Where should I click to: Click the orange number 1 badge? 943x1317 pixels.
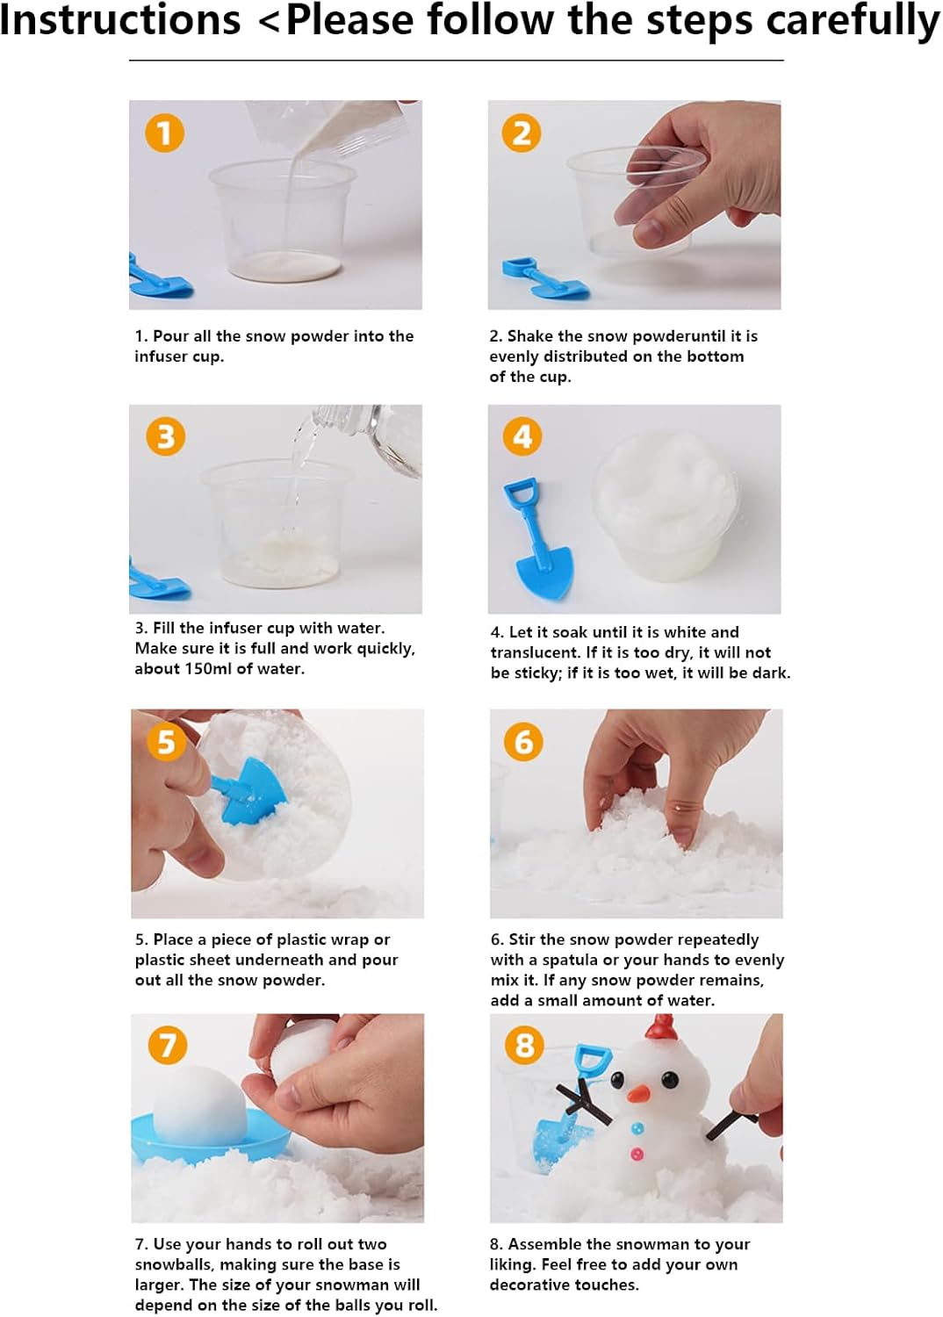[164, 133]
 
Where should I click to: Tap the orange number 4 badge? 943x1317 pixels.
[522, 436]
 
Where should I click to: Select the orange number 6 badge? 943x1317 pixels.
[524, 741]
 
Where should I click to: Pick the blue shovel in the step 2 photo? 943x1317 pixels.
[545, 277]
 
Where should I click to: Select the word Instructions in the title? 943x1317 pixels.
[120, 21]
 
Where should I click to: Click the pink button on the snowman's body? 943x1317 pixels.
[637, 1155]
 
